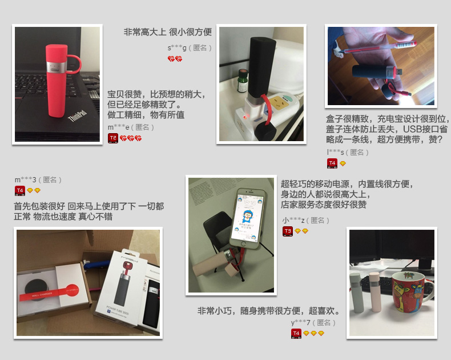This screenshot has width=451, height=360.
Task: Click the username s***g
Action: point(177,47)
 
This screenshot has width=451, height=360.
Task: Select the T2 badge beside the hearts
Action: point(113,138)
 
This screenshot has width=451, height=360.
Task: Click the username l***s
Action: point(335,152)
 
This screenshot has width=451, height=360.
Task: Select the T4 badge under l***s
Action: point(332,163)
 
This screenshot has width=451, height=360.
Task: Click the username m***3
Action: point(25,179)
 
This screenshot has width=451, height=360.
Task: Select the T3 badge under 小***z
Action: point(288,231)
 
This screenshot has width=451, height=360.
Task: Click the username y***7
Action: point(300,322)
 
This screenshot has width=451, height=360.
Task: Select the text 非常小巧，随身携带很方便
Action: point(268,311)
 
